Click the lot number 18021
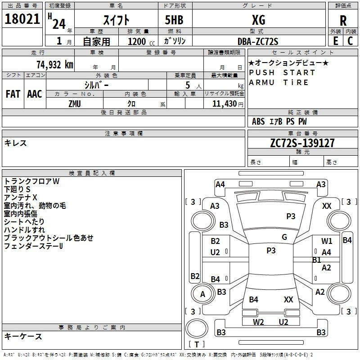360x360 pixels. click(x=22, y=19)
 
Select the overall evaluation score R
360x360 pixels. click(x=343, y=21)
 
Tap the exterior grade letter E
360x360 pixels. click(x=335, y=40)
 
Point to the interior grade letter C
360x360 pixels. click(x=351, y=40)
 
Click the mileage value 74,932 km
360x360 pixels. click(x=54, y=65)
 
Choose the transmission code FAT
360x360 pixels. click(x=13, y=94)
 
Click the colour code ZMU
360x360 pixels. click(x=75, y=103)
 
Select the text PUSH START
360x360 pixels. click(x=282, y=72)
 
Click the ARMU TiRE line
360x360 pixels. click(x=279, y=82)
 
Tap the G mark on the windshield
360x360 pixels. click(x=284, y=237)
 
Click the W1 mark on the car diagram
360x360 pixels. click(x=327, y=241)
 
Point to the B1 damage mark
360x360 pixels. click(x=316, y=260)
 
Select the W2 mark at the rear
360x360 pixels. click(x=258, y=322)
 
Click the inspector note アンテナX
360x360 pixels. click(x=21, y=197)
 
